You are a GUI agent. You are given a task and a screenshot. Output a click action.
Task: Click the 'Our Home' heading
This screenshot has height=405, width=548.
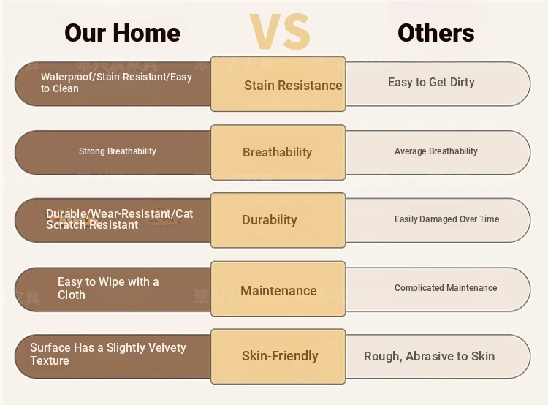click(122, 33)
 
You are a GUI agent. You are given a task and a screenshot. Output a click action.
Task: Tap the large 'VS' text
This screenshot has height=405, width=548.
click(280, 31)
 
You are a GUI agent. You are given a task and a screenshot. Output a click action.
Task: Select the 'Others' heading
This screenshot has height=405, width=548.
click(435, 33)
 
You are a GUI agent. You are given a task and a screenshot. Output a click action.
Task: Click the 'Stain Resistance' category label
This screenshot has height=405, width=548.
click(293, 86)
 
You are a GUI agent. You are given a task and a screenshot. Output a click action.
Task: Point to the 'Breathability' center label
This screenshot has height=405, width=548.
click(277, 152)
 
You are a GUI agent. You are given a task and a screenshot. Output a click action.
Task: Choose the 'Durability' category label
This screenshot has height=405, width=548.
click(270, 219)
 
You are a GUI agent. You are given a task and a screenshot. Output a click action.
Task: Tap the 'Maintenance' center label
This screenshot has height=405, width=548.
click(278, 291)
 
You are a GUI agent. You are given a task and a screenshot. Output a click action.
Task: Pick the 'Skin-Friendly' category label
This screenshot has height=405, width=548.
click(280, 356)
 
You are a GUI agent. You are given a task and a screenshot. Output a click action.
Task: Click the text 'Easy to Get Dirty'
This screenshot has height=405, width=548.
click(431, 82)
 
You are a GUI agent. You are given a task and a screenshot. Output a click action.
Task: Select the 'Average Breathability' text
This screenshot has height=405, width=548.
click(435, 151)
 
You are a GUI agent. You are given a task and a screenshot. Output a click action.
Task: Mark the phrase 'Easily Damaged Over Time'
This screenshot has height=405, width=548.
click(446, 219)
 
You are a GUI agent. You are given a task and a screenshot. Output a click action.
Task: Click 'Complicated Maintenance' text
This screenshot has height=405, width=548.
click(446, 287)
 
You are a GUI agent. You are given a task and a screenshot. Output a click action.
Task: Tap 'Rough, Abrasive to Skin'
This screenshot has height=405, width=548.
click(429, 356)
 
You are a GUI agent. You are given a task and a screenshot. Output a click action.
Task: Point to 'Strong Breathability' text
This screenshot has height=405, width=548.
click(118, 151)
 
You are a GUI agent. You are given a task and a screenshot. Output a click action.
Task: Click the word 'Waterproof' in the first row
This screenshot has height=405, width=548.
click(66, 77)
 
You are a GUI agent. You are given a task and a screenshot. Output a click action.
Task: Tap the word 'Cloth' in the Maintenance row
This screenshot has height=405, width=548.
click(72, 295)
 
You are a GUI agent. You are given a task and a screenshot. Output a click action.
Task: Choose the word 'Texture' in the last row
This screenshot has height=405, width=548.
click(50, 360)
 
